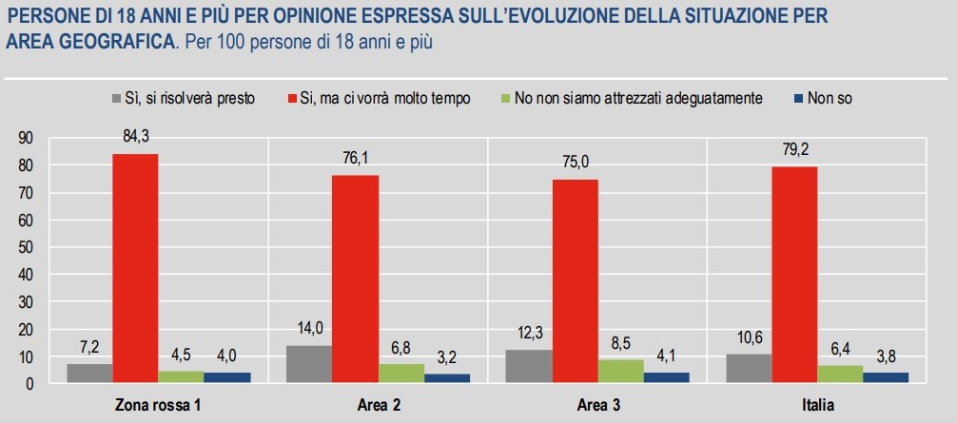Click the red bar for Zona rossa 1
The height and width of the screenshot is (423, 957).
coord(135,268)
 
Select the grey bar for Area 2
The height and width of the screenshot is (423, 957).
coord(309,364)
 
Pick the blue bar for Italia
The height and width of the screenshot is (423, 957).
coord(885,377)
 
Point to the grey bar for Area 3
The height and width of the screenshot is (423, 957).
coord(528,366)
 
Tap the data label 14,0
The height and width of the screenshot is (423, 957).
coord(309,329)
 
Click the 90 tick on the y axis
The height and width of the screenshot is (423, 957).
coord(25,138)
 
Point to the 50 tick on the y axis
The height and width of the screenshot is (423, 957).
coord(25,247)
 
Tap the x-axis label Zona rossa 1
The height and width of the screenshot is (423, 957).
coord(158,406)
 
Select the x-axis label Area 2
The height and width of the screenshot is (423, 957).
coord(378,406)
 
